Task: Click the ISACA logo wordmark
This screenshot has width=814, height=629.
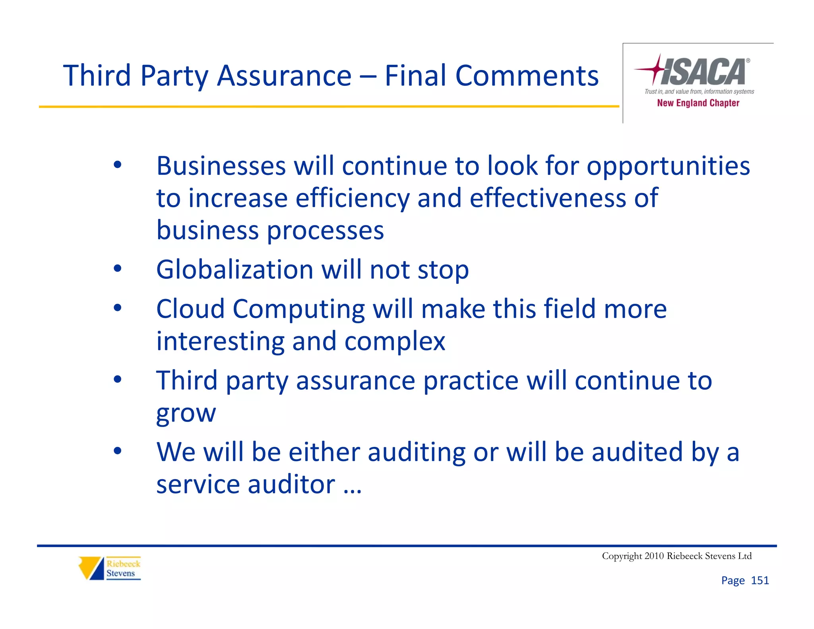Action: [x=704, y=72]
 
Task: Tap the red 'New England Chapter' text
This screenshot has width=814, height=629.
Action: [x=698, y=103]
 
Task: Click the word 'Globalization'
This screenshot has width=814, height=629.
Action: [x=235, y=270]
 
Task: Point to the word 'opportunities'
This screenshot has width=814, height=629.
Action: [x=668, y=166]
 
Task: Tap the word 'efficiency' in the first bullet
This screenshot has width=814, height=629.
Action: [x=352, y=198]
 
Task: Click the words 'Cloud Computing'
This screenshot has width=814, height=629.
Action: [x=260, y=309]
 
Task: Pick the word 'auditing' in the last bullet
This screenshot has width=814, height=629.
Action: [x=416, y=452]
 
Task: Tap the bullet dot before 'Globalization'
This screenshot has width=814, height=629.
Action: [x=117, y=269]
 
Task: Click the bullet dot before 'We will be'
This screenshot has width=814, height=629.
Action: [x=117, y=451]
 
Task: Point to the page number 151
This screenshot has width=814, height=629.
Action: [x=760, y=580]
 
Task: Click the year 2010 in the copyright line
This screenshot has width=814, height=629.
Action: [x=654, y=556]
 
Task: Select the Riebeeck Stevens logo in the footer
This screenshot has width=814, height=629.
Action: [x=110, y=568]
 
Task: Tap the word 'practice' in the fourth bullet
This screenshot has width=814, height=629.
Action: [x=471, y=381]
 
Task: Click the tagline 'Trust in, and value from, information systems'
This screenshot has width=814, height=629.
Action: [x=699, y=92]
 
